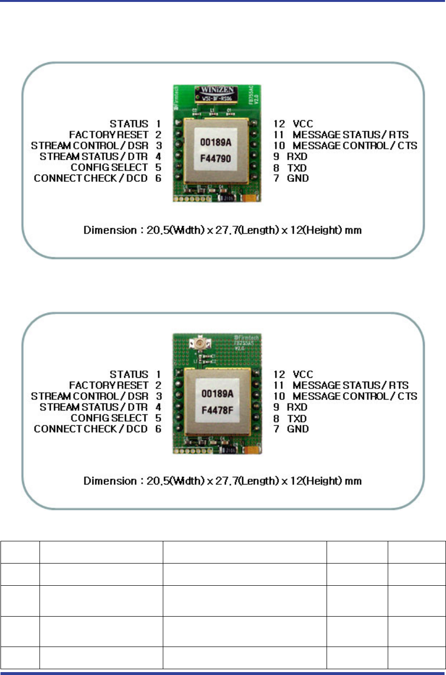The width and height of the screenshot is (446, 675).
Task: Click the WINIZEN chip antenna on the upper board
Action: click(x=217, y=93)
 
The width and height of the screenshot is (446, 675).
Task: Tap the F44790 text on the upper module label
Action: click(x=216, y=158)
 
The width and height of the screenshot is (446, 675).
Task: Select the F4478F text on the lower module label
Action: click(x=217, y=411)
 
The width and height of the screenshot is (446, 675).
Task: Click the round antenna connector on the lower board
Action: click(x=198, y=344)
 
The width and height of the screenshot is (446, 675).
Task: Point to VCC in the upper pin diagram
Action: click(x=302, y=124)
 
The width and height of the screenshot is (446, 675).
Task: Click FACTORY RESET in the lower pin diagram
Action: click(x=108, y=385)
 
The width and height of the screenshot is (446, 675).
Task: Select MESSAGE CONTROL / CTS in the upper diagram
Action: click(x=355, y=146)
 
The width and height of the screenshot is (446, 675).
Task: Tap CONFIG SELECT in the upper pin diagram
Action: click(x=109, y=167)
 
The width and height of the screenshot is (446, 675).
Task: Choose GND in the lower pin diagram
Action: click(x=298, y=429)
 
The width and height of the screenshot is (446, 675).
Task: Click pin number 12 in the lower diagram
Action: click(x=279, y=374)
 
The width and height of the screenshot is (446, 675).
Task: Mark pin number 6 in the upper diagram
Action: click(x=158, y=178)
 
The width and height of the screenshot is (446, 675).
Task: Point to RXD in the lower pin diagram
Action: click(x=297, y=407)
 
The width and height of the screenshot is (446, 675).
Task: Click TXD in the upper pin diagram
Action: click(x=297, y=168)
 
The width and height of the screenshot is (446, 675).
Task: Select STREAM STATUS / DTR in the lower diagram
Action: click(x=93, y=407)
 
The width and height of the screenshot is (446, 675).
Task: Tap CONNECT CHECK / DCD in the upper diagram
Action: click(x=91, y=178)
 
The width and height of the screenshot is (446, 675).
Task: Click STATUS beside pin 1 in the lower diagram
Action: click(x=129, y=374)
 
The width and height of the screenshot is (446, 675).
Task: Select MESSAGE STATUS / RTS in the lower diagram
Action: click(x=350, y=385)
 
